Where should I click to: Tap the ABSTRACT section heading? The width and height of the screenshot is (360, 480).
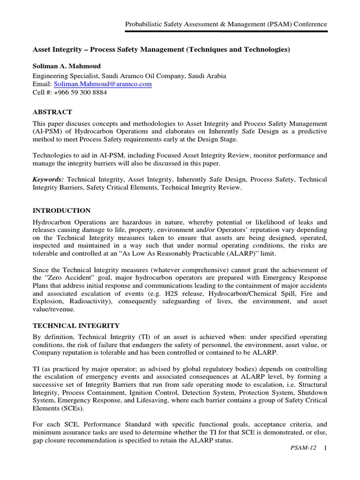[52, 112]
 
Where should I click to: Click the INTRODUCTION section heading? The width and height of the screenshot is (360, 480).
[61, 210]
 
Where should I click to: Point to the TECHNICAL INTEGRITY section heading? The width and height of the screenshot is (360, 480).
[75, 325]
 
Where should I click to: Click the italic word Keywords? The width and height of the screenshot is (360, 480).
[49, 180]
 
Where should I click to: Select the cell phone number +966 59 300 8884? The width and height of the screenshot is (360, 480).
[80, 92]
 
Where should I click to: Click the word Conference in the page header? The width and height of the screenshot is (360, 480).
[309, 24]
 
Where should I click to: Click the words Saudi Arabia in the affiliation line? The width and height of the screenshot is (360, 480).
[196, 75]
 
